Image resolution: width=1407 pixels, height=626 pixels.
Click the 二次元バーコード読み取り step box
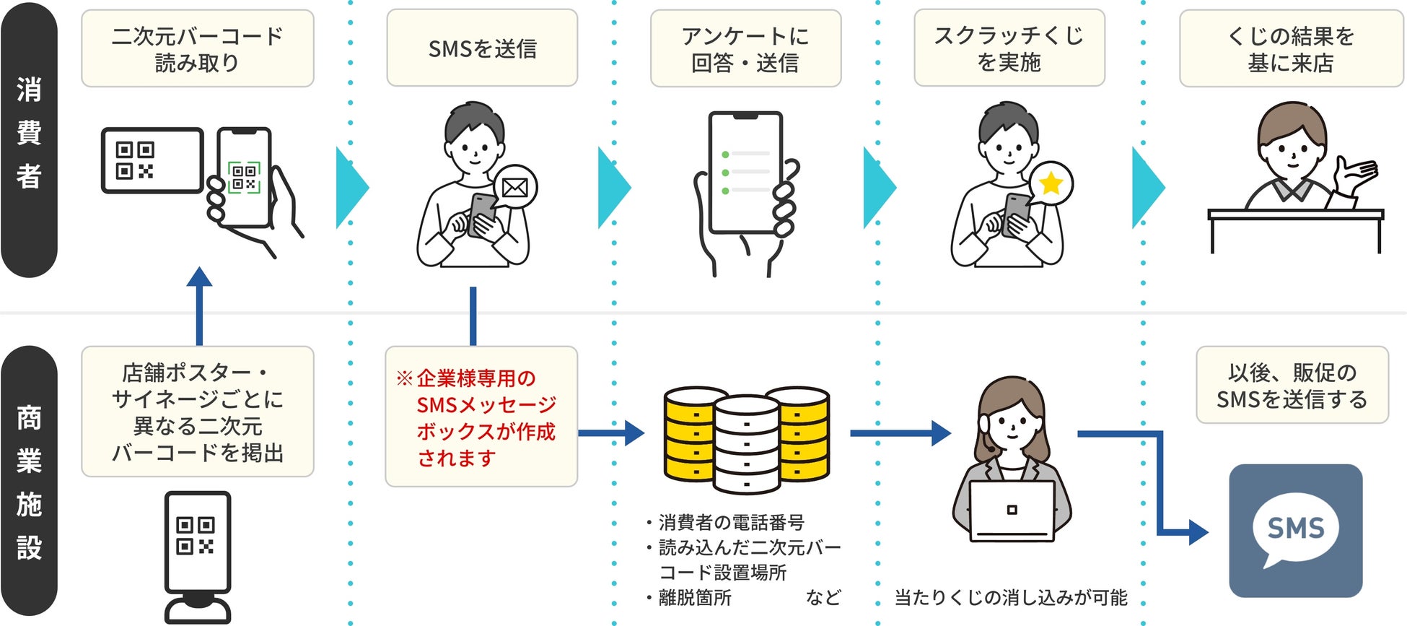tap(197, 48)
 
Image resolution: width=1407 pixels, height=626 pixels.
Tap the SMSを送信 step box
tap(482, 48)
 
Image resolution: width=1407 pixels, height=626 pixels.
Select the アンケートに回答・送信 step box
tap(745, 48)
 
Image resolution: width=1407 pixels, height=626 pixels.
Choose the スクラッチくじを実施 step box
tap(1009, 48)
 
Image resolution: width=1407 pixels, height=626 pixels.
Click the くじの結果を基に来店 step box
tap(1290, 48)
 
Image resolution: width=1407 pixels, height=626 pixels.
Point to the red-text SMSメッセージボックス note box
tap(481, 417)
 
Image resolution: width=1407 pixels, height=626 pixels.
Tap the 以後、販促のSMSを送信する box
tap(1292, 385)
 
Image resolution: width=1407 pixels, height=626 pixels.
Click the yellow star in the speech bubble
tap(1051, 183)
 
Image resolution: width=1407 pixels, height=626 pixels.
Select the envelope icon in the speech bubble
tap(515, 188)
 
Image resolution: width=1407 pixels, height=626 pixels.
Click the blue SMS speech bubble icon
tap(1296, 531)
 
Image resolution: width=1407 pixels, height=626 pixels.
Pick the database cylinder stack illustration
tap(746, 439)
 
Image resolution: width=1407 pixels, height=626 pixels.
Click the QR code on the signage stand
tap(196, 535)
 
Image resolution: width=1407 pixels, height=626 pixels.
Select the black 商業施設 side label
tap(29, 482)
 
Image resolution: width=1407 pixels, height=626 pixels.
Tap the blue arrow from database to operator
tap(900, 433)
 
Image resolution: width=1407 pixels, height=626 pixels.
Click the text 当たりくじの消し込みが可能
tap(1010, 598)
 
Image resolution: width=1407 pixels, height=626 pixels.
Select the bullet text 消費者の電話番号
tap(730, 522)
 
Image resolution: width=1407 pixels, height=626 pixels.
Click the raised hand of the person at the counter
tap(1355, 175)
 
